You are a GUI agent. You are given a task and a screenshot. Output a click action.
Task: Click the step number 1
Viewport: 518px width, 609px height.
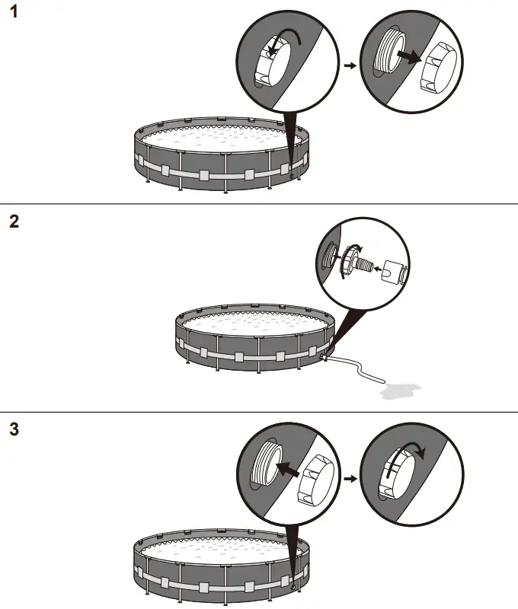pos(14,14)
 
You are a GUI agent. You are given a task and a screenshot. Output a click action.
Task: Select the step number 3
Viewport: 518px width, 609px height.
pos(14,429)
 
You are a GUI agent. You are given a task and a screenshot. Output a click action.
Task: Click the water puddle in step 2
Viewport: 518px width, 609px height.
pos(399,391)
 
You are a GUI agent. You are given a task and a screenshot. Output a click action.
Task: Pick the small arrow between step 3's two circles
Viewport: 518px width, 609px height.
pos(350,480)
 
